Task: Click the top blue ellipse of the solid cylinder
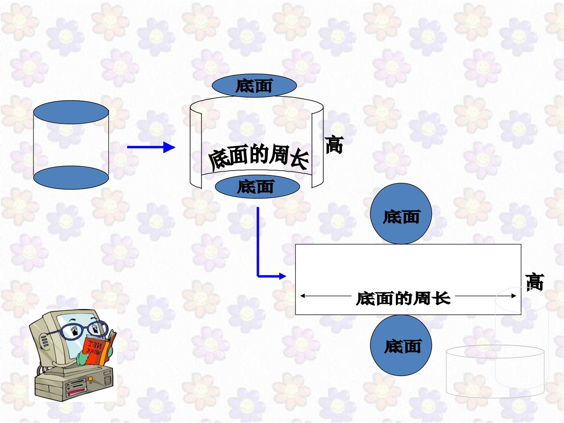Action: pyautogui.click(x=71, y=112)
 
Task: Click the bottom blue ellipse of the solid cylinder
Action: pyautogui.click(x=71, y=177)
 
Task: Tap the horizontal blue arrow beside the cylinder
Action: pyautogui.click(x=151, y=147)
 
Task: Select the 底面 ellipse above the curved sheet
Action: pyautogui.click(x=254, y=85)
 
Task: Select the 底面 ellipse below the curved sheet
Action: pyautogui.click(x=257, y=187)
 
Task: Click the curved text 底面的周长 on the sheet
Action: pyautogui.click(x=258, y=157)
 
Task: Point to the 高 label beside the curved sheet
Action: pyautogui.click(x=334, y=145)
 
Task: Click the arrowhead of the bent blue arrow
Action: pyautogui.click(x=283, y=276)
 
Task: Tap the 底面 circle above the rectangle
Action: pyautogui.click(x=401, y=213)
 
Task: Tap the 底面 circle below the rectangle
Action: pyautogui.click(x=401, y=345)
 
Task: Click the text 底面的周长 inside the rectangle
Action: pyautogui.click(x=403, y=298)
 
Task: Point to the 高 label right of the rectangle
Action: pyautogui.click(x=535, y=282)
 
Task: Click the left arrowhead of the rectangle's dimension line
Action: pyautogui.click(x=303, y=296)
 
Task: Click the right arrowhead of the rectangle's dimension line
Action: pyautogui.click(x=513, y=296)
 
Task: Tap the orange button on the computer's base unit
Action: pyautogui.click(x=90, y=379)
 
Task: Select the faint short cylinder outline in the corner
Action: pyautogui.click(x=495, y=371)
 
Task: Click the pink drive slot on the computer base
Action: pyautogui.click(x=76, y=391)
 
